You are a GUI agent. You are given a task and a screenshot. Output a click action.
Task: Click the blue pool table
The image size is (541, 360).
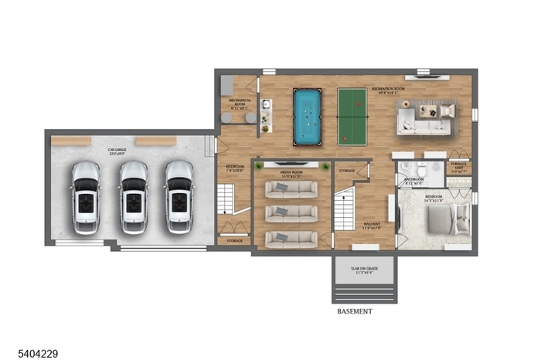310,116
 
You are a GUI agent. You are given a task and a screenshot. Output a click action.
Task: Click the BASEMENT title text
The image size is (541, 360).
355,311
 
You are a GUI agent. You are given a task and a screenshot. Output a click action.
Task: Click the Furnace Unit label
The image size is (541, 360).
459,168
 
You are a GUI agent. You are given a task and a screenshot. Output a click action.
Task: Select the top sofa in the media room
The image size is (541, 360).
291,189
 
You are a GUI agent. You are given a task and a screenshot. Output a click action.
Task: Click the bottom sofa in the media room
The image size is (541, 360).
291,239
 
